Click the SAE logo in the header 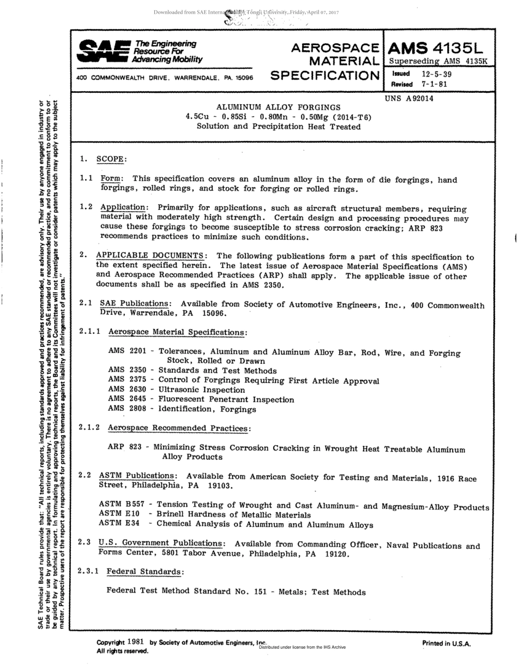(101, 52)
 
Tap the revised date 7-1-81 (433, 85)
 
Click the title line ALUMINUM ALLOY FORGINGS (279, 107)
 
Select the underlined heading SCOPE (111, 159)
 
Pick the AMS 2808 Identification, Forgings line (182, 409)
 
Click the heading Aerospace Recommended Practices (178, 428)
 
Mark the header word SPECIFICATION (324, 75)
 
